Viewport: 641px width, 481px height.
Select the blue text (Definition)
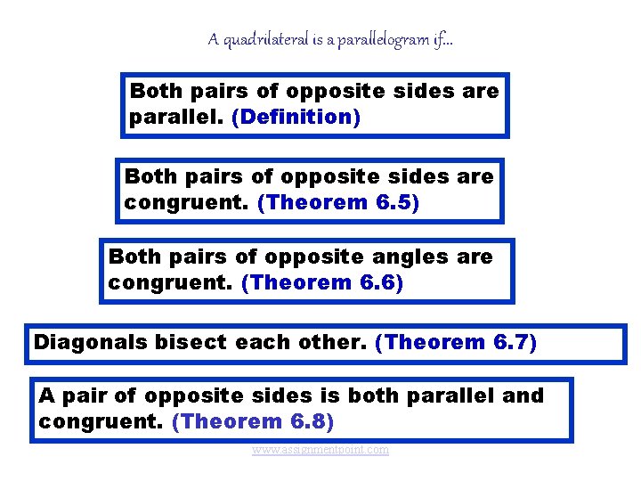(x=296, y=117)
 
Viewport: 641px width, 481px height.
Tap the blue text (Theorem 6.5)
(x=337, y=202)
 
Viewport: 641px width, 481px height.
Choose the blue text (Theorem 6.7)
(x=456, y=343)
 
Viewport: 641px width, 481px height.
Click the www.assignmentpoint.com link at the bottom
(x=320, y=450)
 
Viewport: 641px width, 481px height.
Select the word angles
(x=402, y=257)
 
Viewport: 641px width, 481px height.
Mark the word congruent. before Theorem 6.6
(x=171, y=282)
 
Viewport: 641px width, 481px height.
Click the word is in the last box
(x=322, y=395)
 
